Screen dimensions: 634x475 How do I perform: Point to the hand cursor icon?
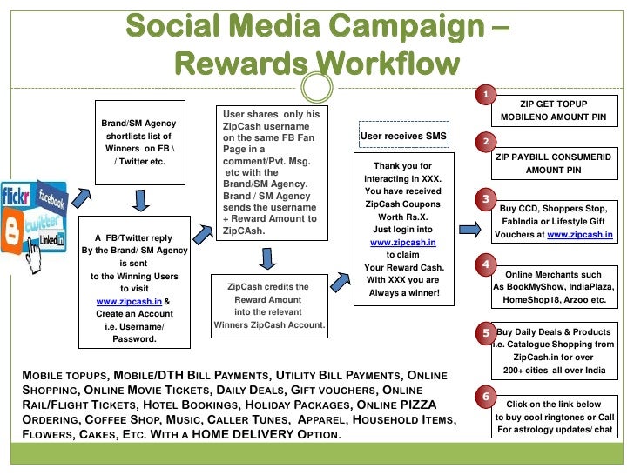coord(37,258)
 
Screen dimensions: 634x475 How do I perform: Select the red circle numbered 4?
coord(484,264)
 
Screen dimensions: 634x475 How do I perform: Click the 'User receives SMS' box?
coord(403,136)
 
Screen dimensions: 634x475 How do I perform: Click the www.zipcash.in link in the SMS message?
coord(403,242)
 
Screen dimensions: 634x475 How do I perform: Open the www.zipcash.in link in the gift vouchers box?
coord(579,235)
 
